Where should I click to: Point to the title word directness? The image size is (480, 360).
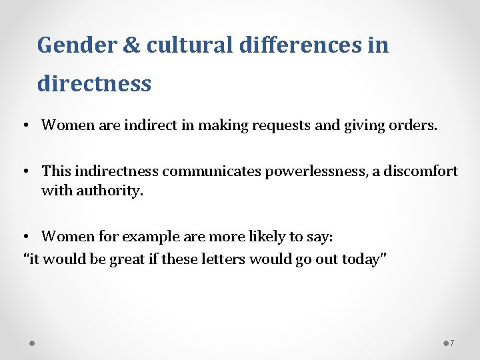click(94, 84)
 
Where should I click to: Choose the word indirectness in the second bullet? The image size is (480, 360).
click(113, 171)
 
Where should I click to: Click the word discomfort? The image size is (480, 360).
click(424, 171)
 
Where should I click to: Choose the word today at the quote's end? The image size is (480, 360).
click(363, 259)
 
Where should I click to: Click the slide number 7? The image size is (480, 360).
click(453, 343)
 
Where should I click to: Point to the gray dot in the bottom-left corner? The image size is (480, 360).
click(32, 343)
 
